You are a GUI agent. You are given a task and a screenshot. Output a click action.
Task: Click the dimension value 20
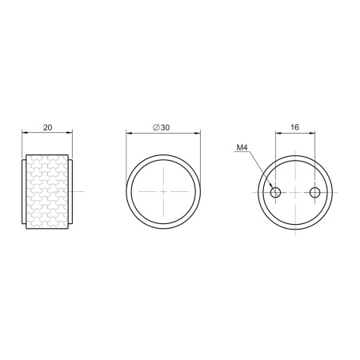point(47,127)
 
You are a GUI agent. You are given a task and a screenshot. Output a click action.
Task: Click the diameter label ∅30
point(161,127)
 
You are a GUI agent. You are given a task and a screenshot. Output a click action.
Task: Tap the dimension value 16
point(294,127)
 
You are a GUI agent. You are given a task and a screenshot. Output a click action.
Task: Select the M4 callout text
point(242,147)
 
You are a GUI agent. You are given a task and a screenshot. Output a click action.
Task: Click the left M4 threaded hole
point(275,192)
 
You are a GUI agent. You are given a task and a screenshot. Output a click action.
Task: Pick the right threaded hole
point(315,192)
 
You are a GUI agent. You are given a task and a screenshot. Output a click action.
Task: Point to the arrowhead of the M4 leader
point(272,186)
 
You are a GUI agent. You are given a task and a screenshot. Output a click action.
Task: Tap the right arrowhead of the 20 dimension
point(70,132)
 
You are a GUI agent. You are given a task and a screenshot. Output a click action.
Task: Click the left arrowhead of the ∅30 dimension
point(129,132)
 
